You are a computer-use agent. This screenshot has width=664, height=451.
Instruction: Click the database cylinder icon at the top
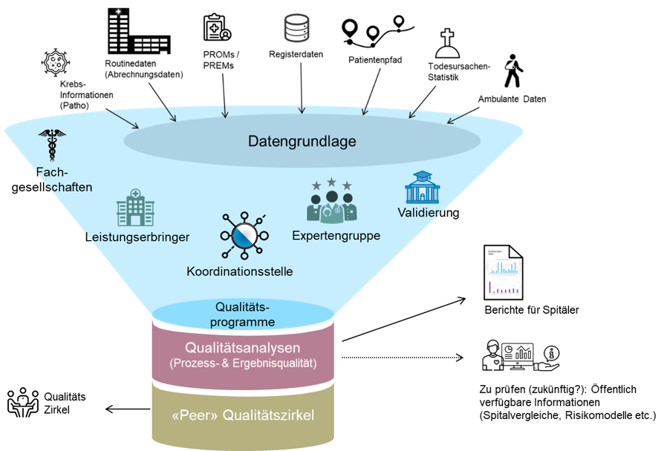[x=296, y=28]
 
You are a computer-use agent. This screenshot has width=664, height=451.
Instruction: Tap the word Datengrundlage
[x=302, y=141]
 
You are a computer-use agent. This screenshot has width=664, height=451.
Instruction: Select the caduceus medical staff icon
[x=52, y=145]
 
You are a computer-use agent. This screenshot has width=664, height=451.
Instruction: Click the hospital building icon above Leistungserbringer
[x=135, y=207]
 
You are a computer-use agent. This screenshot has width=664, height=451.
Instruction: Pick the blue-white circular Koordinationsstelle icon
[x=243, y=236]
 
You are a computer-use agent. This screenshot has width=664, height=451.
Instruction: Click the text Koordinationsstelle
[x=239, y=271]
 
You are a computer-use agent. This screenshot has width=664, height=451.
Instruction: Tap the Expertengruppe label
[x=336, y=236]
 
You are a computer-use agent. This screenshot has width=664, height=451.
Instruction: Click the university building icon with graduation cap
[x=422, y=188]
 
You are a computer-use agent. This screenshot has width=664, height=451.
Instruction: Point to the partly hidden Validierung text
[x=419, y=213]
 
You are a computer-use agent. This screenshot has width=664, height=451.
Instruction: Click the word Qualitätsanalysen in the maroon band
[x=243, y=348]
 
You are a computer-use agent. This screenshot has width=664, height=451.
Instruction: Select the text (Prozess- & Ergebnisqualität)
[x=243, y=363]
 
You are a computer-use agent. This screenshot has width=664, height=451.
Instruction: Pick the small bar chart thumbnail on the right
[x=504, y=287]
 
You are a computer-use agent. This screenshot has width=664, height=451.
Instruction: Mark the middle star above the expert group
[x=331, y=182]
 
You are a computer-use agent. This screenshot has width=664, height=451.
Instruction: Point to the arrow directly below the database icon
[x=301, y=109]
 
